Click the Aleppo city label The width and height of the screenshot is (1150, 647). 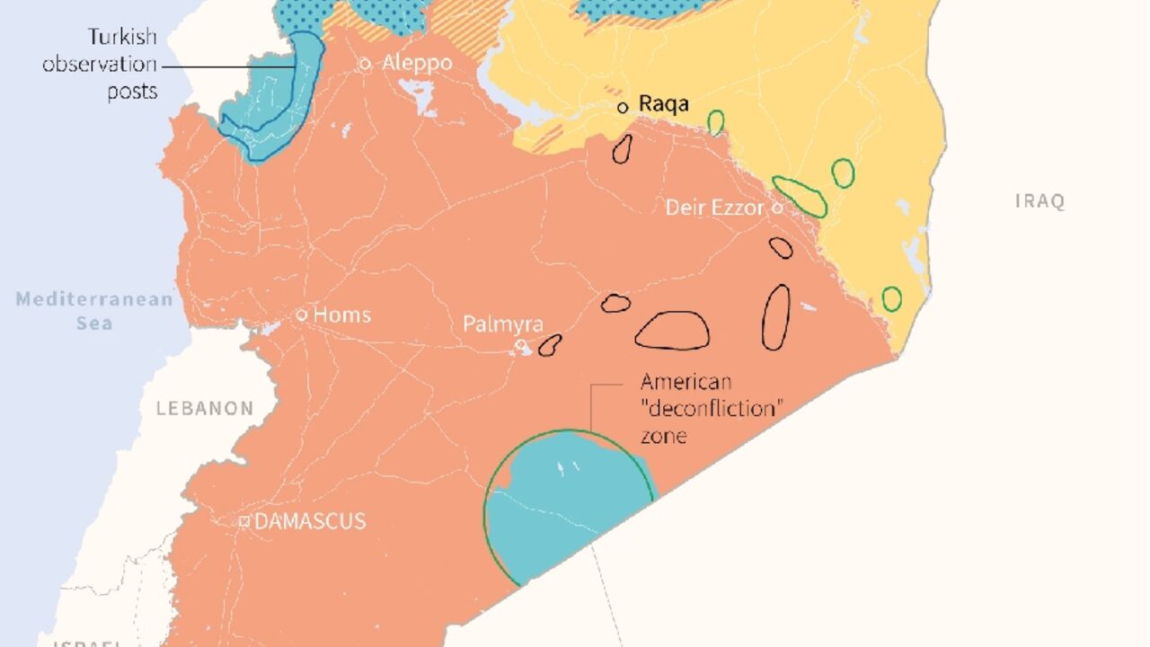click(417, 64)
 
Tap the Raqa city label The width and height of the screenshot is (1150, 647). click(664, 104)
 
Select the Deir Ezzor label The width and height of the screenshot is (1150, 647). click(715, 208)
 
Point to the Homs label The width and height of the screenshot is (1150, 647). click(342, 315)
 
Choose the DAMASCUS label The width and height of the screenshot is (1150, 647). click(310, 521)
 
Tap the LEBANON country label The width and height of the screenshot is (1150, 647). click(205, 408)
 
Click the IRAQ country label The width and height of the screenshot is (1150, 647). click(1039, 201)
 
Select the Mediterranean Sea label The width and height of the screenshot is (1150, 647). click(94, 310)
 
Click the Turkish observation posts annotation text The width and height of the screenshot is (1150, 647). click(101, 64)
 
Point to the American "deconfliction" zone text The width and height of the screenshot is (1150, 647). click(709, 409)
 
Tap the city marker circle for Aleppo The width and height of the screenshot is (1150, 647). click(366, 64)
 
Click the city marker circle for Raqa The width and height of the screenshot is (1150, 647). click(623, 107)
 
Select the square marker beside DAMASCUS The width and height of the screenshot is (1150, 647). click(243, 521)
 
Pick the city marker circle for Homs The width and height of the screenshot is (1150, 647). click(303, 315)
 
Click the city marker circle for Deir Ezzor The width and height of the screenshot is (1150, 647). click(777, 208)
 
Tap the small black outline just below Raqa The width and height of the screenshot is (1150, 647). click(621, 148)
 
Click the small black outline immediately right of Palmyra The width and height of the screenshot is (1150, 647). click(549, 345)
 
